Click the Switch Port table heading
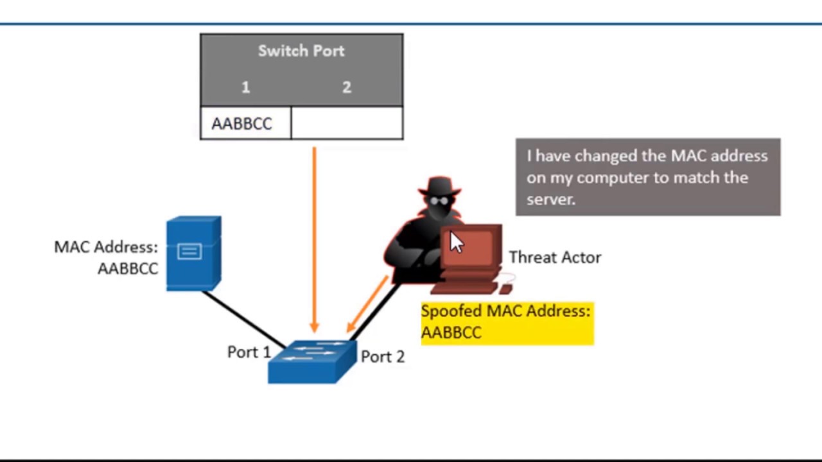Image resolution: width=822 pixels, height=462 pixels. point(301,51)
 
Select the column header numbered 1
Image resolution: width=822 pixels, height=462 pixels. point(245,88)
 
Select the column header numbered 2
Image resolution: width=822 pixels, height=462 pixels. point(347,88)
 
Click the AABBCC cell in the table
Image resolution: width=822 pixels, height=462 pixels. point(242,124)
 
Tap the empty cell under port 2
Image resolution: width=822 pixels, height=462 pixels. point(347,123)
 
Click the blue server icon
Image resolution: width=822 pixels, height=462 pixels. point(193,253)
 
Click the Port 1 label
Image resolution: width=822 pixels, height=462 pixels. point(249,352)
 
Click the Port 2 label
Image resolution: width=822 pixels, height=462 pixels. point(383,357)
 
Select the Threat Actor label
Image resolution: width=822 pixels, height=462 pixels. point(555,257)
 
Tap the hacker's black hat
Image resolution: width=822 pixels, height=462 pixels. point(439,185)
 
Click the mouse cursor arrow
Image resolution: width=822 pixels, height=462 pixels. point(455,243)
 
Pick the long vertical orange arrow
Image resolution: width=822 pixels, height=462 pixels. point(314,237)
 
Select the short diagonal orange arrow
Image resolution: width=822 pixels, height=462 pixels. point(367,304)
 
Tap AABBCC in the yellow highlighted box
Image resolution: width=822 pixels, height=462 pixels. point(451,332)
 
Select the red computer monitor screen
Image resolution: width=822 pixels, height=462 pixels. point(472,247)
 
